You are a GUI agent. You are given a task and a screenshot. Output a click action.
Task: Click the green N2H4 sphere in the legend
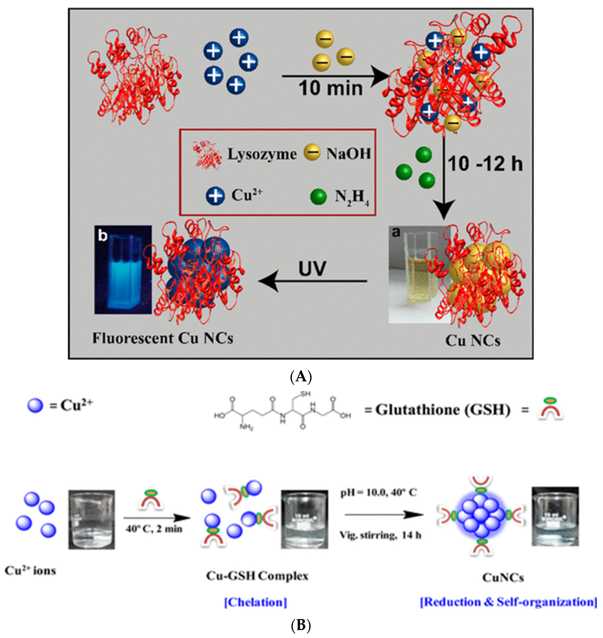pyautogui.click(x=319, y=197)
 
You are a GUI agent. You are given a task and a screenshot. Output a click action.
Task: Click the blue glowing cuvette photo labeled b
pyautogui.click(x=123, y=270)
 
